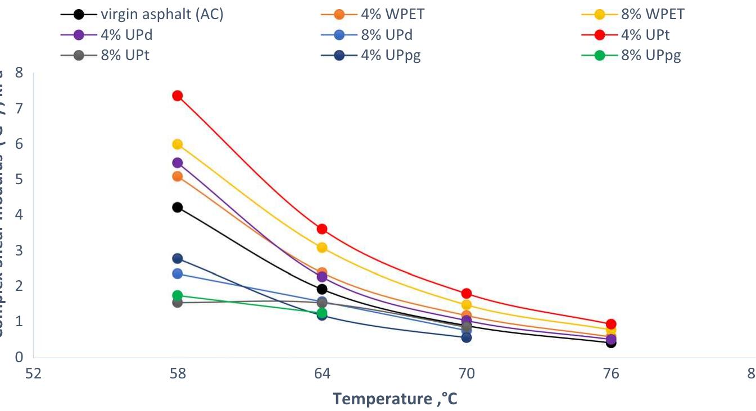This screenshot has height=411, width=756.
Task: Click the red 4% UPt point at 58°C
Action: click(177, 95)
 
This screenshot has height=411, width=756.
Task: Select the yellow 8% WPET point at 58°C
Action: click(177, 144)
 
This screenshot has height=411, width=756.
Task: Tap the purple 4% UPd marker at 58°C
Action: click(177, 163)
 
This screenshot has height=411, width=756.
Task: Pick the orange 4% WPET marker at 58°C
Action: click(177, 176)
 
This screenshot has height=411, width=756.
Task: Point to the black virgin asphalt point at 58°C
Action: click(177, 207)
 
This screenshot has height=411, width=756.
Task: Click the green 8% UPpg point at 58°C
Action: click(177, 295)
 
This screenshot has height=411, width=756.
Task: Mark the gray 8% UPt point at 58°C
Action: click(177, 303)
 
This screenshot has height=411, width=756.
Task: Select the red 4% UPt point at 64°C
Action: click(322, 229)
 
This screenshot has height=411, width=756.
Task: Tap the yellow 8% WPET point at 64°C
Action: click(322, 248)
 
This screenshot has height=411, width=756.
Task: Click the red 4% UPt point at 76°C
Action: click(611, 324)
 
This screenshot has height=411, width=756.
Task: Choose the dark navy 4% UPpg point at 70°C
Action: click(467, 337)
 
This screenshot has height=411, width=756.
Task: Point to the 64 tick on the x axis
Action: click(322, 373)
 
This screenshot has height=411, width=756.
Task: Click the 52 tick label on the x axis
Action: click(34, 373)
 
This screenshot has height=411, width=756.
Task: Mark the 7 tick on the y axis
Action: click(19, 108)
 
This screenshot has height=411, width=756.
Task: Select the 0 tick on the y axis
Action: click(19, 357)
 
